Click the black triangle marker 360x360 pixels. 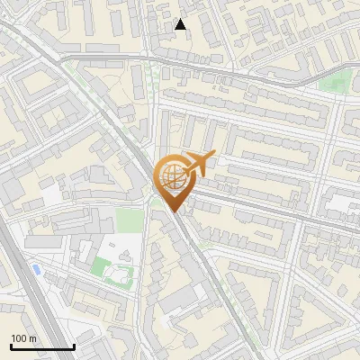click(x=181, y=24)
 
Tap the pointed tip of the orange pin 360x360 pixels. click(x=174, y=213)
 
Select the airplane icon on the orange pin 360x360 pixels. click(x=198, y=166)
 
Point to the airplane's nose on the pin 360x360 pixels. click(x=213, y=156)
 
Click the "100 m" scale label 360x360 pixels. click(x=24, y=338)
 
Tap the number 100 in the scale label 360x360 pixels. click(x=20, y=338)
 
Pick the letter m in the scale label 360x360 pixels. click(x=32, y=338)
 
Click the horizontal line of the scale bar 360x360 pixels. click(x=42, y=347)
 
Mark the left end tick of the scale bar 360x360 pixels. click(x=11, y=346)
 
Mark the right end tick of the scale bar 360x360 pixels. click(x=74, y=346)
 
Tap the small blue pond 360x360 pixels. click(x=35, y=269)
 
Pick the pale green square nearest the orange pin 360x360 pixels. click(x=130, y=220)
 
